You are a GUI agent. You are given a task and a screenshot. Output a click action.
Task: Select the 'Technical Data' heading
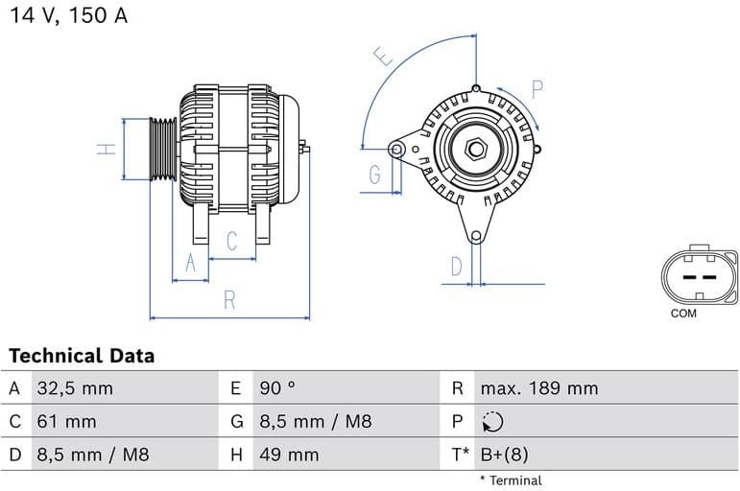(x=82, y=356)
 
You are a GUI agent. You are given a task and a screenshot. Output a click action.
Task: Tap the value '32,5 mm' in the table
(x=75, y=388)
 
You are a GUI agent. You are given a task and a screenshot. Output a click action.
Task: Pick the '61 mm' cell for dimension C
(x=66, y=421)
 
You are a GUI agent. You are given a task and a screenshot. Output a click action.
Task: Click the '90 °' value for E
(x=277, y=388)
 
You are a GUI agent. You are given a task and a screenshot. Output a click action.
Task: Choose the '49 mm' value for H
(x=288, y=454)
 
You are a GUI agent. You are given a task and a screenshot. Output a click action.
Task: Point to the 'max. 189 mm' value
(x=538, y=388)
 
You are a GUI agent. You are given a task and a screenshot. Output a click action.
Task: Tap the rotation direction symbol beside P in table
(x=492, y=422)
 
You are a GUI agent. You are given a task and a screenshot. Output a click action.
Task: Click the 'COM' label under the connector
(x=683, y=314)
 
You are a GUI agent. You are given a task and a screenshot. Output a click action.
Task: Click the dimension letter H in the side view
(x=108, y=149)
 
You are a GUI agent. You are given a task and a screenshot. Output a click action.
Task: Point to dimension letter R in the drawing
(x=229, y=300)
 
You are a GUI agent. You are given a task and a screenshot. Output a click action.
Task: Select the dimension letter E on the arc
(x=384, y=57)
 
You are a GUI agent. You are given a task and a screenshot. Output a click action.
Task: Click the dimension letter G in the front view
(x=374, y=175)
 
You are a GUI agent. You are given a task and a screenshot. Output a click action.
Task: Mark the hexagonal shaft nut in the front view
(x=476, y=150)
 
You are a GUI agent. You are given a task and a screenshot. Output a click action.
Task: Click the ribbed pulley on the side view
(x=163, y=149)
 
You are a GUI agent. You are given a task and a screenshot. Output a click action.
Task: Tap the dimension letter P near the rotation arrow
(x=537, y=89)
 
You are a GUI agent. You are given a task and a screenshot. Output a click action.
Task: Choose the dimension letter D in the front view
(x=457, y=266)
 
